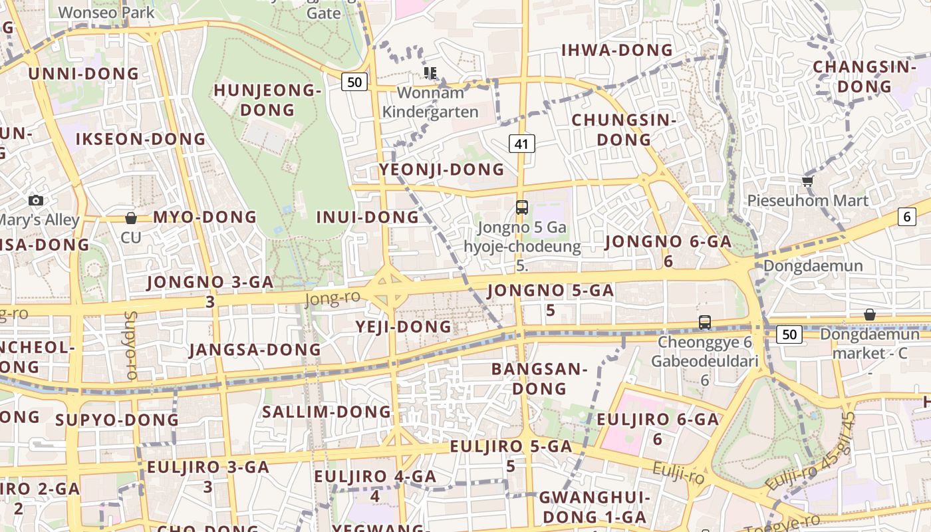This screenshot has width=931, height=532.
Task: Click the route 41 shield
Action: click(x=522, y=143)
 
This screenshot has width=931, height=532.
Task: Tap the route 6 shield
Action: click(x=906, y=216)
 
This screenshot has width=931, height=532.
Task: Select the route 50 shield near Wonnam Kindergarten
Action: click(x=355, y=82)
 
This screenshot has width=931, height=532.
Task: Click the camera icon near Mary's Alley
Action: click(x=36, y=200)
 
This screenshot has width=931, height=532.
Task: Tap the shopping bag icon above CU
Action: click(x=131, y=217)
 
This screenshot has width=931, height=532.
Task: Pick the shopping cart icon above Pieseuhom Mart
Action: click(x=807, y=181)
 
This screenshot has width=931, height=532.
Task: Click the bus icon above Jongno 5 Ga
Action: click(x=522, y=207)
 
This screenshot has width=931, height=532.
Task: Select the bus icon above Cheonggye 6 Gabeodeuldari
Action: click(x=705, y=323)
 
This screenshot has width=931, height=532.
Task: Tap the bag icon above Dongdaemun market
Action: click(x=870, y=315)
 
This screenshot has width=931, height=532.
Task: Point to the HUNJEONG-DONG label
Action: click(x=268, y=100)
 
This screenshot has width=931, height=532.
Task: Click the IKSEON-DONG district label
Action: click(x=140, y=139)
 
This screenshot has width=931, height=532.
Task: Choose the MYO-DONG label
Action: click(x=205, y=217)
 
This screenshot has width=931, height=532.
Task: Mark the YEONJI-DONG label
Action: click(x=442, y=170)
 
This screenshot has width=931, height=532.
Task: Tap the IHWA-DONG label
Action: click(x=617, y=51)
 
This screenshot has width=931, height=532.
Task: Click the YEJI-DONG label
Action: click(x=404, y=327)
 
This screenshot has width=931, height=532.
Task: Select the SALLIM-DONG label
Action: click(x=327, y=412)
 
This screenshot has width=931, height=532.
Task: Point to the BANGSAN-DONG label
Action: click(x=539, y=378)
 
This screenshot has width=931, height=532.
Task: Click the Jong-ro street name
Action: click(x=332, y=299)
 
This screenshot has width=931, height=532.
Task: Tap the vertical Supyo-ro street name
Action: click(x=130, y=345)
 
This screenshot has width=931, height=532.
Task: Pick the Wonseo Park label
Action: click(x=106, y=12)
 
